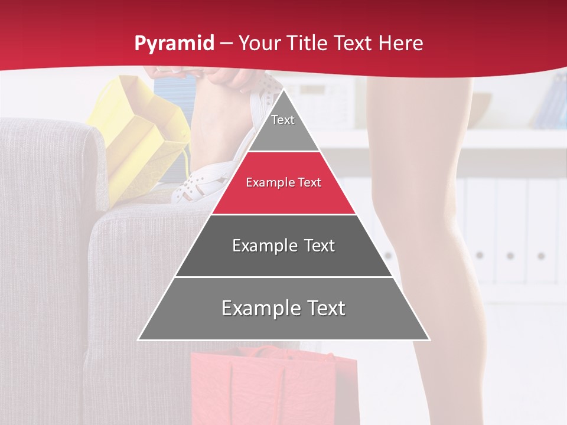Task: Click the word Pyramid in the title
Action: click(x=174, y=44)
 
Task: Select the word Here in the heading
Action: click(x=401, y=43)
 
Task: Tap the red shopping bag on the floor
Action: click(x=272, y=384)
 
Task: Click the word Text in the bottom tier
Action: click(x=321, y=309)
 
